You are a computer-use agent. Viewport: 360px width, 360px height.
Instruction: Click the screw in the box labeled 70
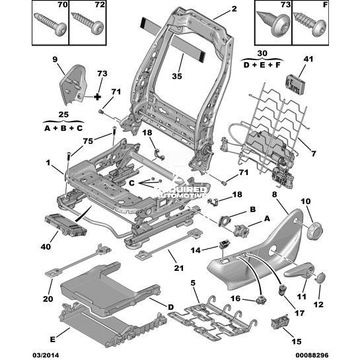pos(50,24)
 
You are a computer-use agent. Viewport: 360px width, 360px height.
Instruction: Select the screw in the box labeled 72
pos(87,23)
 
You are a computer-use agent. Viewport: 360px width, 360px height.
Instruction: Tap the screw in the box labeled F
pos(310,24)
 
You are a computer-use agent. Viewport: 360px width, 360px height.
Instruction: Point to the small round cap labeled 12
pos(320,277)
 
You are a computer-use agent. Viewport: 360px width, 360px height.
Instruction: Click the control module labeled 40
pos(65,225)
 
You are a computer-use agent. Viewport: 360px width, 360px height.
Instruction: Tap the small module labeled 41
pos(296,84)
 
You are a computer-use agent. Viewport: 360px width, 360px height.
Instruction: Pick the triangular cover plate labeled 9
pos(73,85)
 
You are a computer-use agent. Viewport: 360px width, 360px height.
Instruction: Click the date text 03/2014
pos(46,355)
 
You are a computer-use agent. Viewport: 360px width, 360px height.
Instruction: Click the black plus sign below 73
pos(97,97)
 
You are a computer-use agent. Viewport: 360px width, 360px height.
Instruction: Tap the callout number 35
pos(177,76)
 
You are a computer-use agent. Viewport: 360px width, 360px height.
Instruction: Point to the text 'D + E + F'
pos(262,65)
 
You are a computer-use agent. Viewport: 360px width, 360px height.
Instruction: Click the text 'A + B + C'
pos(63,128)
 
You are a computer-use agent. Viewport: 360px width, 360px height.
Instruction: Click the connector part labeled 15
pos(279,321)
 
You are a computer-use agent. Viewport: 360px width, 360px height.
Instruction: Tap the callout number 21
pos(179,268)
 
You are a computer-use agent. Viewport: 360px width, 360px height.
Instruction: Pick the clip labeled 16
pos(261,299)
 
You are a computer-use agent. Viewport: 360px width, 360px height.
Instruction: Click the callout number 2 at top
pos(234,9)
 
